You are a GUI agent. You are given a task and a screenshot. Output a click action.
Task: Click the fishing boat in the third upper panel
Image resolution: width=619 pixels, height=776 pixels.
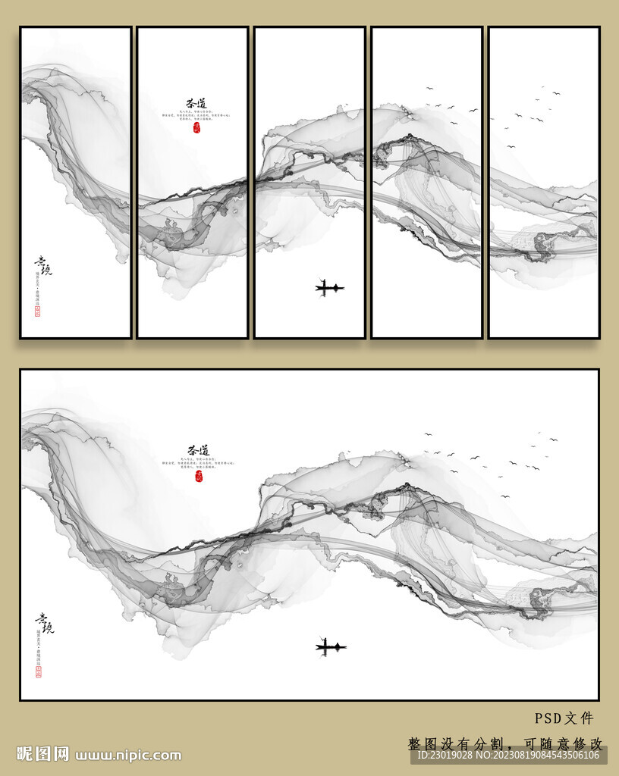click(329, 287)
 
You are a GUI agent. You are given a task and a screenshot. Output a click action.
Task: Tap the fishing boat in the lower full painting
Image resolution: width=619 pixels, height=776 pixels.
click(331, 646)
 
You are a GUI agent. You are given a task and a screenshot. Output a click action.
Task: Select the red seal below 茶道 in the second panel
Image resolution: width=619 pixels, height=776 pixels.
click(198, 127)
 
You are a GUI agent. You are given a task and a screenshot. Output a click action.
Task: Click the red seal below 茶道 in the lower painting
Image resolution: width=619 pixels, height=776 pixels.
click(199, 477)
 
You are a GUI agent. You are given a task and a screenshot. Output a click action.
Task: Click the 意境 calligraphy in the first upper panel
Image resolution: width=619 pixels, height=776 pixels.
click(43, 266)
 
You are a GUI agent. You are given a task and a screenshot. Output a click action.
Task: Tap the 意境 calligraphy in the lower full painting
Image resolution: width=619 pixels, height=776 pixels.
click(44, 623)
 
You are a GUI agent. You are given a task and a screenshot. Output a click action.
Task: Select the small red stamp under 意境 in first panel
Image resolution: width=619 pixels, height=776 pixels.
click(38, 311)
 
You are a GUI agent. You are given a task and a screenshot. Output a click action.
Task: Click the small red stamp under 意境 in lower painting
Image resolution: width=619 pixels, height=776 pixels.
click(39, 671)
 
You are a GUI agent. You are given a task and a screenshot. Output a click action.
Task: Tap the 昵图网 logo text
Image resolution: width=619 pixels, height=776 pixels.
click(42, 754)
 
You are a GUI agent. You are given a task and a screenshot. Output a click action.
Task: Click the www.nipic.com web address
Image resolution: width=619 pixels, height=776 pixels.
click(128, 755)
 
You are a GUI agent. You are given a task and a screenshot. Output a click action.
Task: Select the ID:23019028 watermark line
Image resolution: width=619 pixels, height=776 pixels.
click(507, 755)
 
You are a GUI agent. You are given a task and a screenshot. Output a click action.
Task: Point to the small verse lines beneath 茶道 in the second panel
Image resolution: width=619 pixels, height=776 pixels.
click(195, 117)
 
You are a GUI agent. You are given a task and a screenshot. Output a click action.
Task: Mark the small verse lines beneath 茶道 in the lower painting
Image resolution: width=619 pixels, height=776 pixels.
click(196, 465)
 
